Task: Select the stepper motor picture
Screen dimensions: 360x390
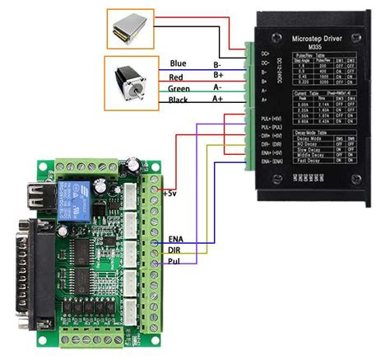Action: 131,81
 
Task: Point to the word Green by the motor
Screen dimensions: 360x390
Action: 180,87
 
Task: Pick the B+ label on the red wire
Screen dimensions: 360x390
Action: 218,75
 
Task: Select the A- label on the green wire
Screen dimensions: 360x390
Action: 218,87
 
